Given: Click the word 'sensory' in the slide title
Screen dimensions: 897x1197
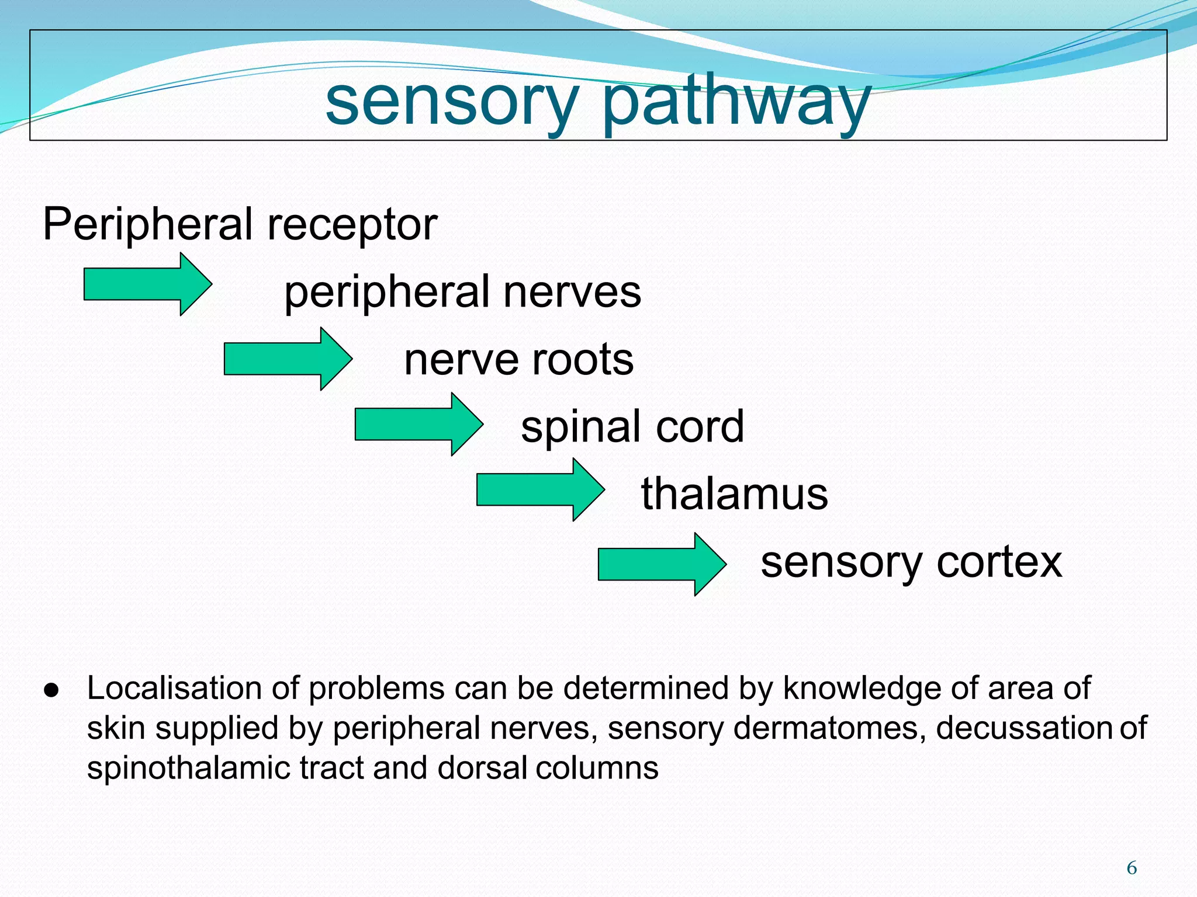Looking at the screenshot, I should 451,103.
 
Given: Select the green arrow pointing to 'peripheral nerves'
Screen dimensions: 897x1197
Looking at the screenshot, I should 147,284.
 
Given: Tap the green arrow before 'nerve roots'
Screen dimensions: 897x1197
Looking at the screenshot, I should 288,359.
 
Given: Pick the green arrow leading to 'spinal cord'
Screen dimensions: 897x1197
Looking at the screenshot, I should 418,424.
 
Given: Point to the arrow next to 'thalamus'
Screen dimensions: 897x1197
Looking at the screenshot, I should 540,489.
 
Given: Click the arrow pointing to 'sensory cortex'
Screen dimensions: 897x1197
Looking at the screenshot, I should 662,564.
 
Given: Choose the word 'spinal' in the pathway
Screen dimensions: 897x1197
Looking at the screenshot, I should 583,427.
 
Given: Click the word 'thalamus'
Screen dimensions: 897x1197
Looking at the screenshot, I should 734,494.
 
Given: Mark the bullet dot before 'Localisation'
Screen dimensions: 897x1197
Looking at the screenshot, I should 51,690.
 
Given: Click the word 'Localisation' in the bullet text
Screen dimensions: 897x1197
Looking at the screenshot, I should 174,688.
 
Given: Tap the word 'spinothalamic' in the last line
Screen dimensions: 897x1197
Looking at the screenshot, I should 188,768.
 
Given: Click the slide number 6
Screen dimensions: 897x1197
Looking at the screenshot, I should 1132,868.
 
